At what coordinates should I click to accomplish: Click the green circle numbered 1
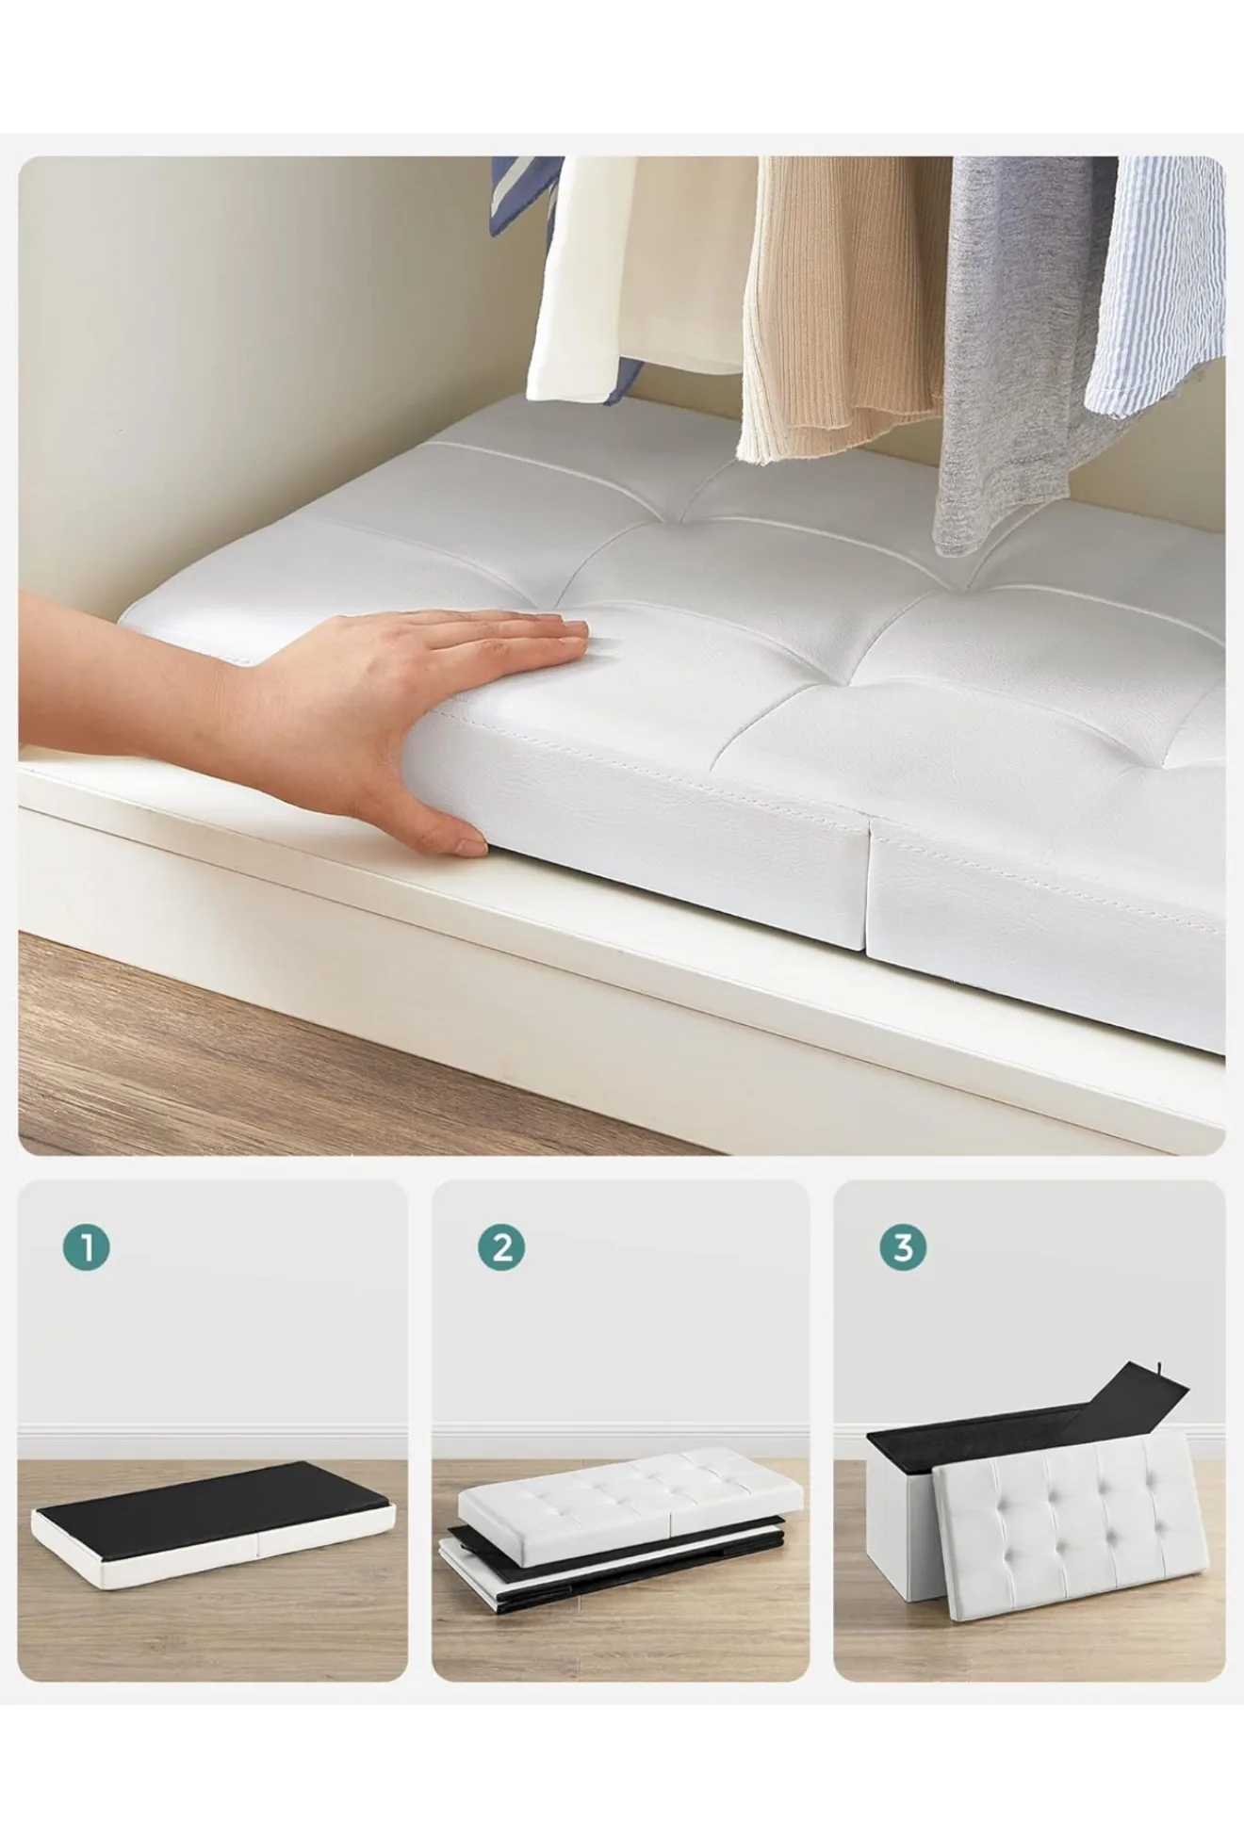point(87,1247)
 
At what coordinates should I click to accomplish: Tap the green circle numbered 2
point(501,1247)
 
